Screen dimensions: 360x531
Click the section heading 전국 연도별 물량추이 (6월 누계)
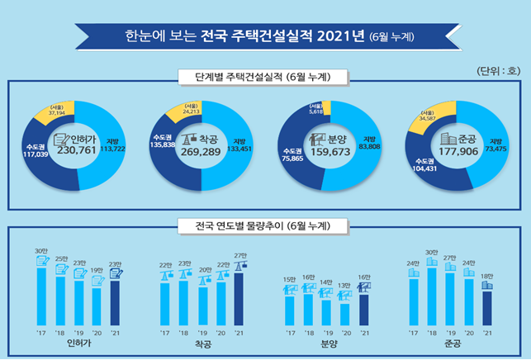pos(265,225)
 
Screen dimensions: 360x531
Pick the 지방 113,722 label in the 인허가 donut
pos(119,145)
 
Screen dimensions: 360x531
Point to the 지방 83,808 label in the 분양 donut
pos(369,142)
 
